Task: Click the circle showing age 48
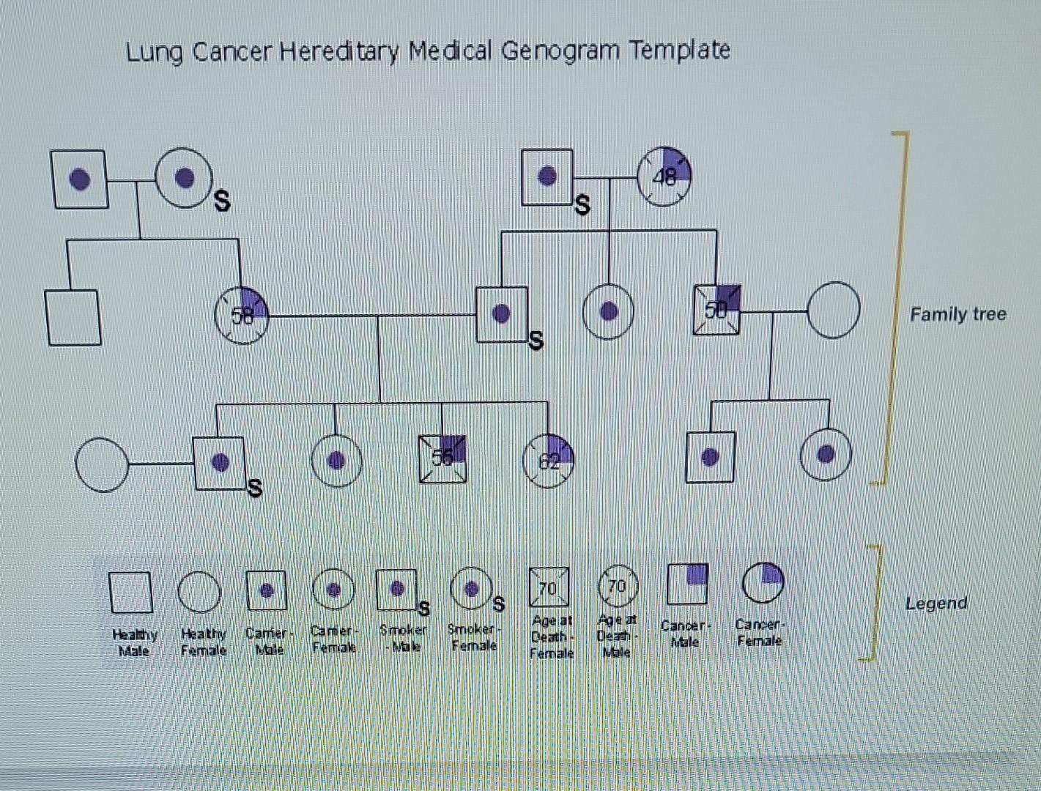click(664, 177)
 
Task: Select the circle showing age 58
click(242, 316)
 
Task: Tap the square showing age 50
click(716, 310)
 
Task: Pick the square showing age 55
click(442, 458)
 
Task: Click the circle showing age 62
click(548, 461)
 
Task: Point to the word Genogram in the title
click(560, 51)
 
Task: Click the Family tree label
click(957, 314)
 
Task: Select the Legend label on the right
click(936, 604)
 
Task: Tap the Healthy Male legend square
click(131, 592)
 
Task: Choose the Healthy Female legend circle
click(199, 592)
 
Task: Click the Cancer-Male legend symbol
click(687, 584)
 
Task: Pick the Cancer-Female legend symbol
click(763, 583)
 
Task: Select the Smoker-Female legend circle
click(471, 588)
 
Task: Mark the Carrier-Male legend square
click(266, 590)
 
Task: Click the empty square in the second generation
click(73, 317)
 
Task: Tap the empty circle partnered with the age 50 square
click(833, 310)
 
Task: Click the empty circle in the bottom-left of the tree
click(102, 464)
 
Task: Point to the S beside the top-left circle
click(221, 200)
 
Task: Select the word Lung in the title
click(154, 53)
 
